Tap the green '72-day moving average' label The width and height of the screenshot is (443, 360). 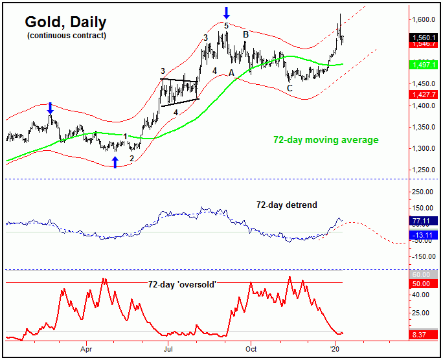325,140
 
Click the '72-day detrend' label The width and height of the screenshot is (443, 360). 287,205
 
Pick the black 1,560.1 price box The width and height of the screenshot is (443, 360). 426,38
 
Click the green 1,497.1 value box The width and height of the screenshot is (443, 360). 426,65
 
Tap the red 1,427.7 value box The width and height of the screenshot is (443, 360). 426,95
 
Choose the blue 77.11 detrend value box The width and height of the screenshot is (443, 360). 426,221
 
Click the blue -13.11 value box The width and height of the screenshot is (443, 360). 426,234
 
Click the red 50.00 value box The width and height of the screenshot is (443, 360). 426,284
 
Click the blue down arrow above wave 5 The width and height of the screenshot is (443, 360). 226,12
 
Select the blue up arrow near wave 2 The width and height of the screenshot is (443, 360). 116,162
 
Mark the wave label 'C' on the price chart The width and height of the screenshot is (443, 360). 290,88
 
